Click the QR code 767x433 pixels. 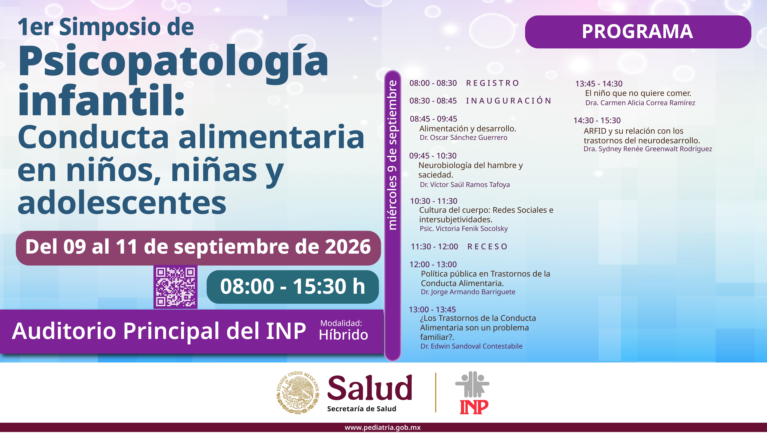point(175,287)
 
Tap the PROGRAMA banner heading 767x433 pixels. point(637,32)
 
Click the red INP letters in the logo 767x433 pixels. point(474,407)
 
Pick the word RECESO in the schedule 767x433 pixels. point(487,247)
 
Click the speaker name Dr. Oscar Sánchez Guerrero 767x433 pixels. point(463,138)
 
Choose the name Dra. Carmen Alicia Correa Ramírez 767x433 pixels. point(640,103)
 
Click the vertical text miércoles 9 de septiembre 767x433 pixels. point(393,155)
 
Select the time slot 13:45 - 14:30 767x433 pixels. point(599,84)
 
